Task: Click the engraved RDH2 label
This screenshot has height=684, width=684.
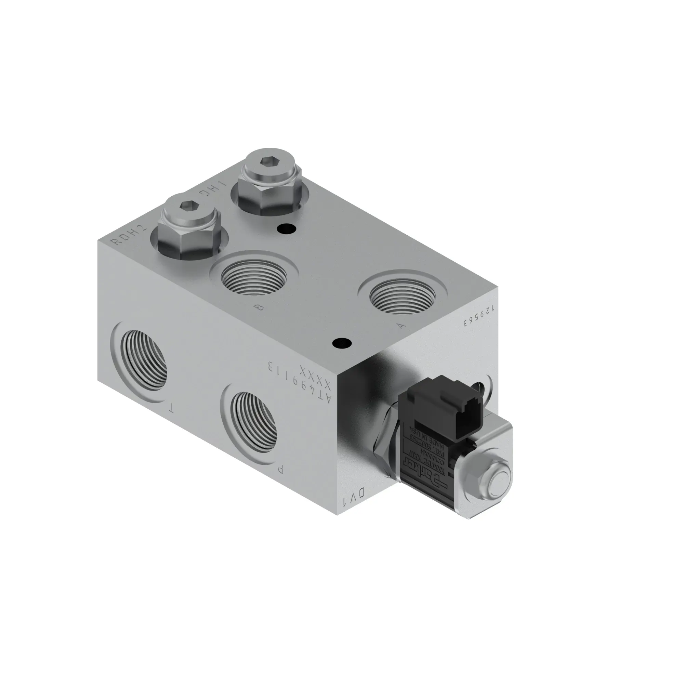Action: pos(129,235)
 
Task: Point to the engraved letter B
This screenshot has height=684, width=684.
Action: pos(260,308)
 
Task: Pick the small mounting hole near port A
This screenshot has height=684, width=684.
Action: pos(342,343)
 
